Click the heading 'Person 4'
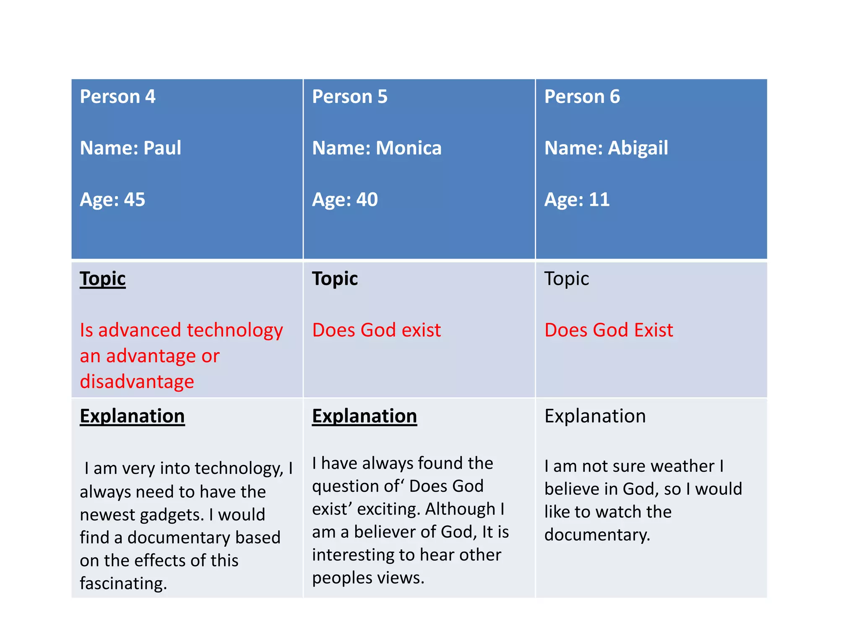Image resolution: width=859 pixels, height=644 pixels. pos(117,97)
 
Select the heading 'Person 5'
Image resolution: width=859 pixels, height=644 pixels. pos(349,97)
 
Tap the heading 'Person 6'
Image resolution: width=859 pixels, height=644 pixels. pos(582,97)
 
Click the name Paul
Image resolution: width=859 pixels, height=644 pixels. pos(162,148)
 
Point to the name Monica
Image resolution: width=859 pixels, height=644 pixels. pos(409,148)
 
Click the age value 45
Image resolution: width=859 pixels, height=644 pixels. pos(134,200)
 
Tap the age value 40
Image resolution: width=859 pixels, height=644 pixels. pos(367,200)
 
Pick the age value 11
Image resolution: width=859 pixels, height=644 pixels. pos(599,200)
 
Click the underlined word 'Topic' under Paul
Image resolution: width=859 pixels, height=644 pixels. pos(103,279)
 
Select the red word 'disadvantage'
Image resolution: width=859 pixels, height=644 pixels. pos(137,382)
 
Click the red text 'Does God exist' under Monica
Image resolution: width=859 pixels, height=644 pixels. pos(376,330)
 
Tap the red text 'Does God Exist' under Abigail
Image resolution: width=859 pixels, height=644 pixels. pos(609,330)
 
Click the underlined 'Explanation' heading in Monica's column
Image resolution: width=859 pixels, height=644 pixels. pos(364,416)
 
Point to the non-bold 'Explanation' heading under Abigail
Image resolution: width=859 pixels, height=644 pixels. pos(595,416)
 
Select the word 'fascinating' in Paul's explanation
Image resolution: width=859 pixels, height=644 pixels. pos(123,584)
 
